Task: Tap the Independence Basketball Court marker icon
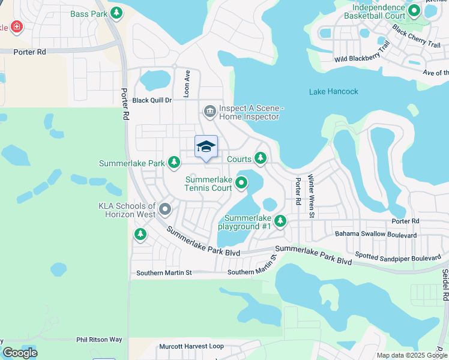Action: point(414,10)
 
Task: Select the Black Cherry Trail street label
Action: point(416,35)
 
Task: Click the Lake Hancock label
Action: point(334,92)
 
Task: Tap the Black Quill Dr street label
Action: point(152,101)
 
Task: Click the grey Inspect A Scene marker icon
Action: point(209,111)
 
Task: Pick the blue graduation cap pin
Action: point(206,147)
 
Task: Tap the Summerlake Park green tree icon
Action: point(174,162)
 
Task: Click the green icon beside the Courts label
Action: point(260,158)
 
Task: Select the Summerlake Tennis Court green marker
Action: point(241,183)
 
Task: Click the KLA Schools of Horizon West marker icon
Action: point(165,209)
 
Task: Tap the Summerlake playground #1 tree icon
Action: point(280,222)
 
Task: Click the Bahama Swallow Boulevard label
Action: point(376,235)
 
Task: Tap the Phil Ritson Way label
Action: point(99,340)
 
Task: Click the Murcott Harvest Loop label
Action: point(191,346)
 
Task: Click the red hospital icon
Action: point(16,26)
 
